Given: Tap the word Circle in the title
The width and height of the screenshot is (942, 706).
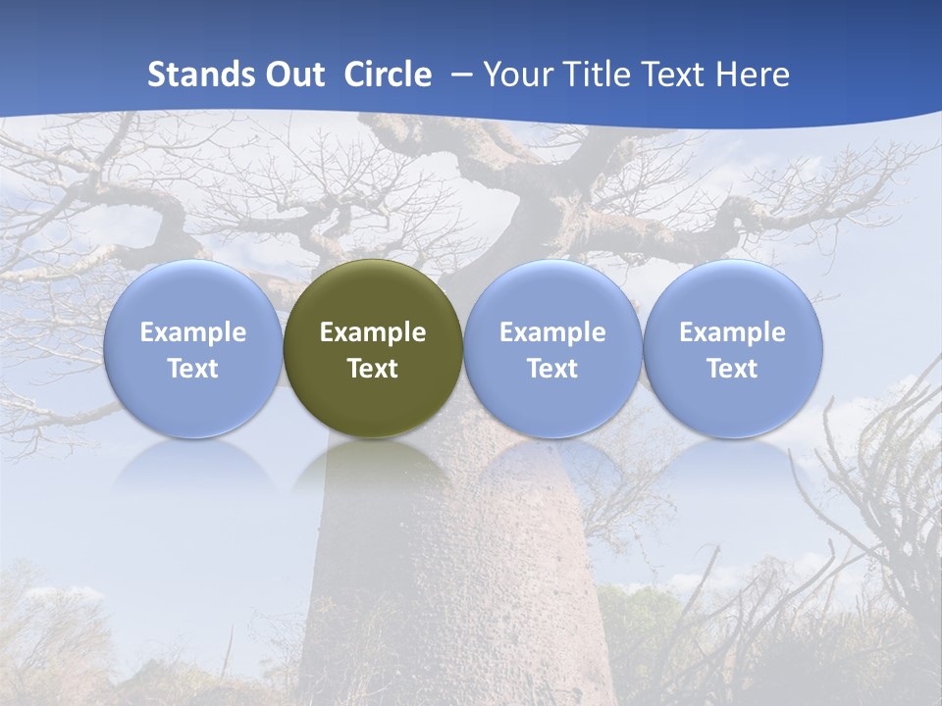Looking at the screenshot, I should point(388,75).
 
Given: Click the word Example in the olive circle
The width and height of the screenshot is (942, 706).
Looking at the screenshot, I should point(373,333).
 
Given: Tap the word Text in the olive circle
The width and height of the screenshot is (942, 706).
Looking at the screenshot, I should point(373,370).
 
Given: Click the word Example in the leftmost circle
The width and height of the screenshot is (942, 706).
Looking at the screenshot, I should point(193,333).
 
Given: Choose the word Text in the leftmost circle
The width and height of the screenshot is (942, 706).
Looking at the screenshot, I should point(193,370).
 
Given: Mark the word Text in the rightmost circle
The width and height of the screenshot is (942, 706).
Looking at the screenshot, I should point(733,370).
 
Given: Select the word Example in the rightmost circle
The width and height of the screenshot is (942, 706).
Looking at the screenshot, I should point(733,333).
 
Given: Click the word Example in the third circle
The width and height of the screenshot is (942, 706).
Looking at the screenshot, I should point(552,333).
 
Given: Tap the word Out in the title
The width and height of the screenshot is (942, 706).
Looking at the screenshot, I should point(294,75).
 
